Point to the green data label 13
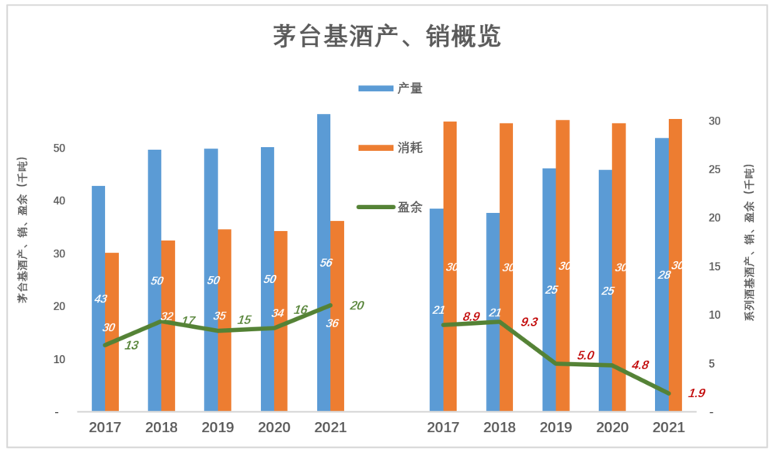pyautogui.click(x=131, y=345)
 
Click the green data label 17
pyautogui.click(x=187, y=320)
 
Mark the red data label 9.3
pyautogui.click(x=529, y=321)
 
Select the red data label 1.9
pyautogui.click(x=696, y=393)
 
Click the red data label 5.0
pyautogui.click(x=585, y=355)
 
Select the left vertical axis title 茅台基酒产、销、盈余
pyautogui.click(x=23, y=229)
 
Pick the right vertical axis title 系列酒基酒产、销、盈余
pyautogui.click(x=749, y=243)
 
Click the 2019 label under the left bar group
pyautogui.click(x=218, y=428)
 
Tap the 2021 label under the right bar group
pyautogui.click(x=668, y=428)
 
